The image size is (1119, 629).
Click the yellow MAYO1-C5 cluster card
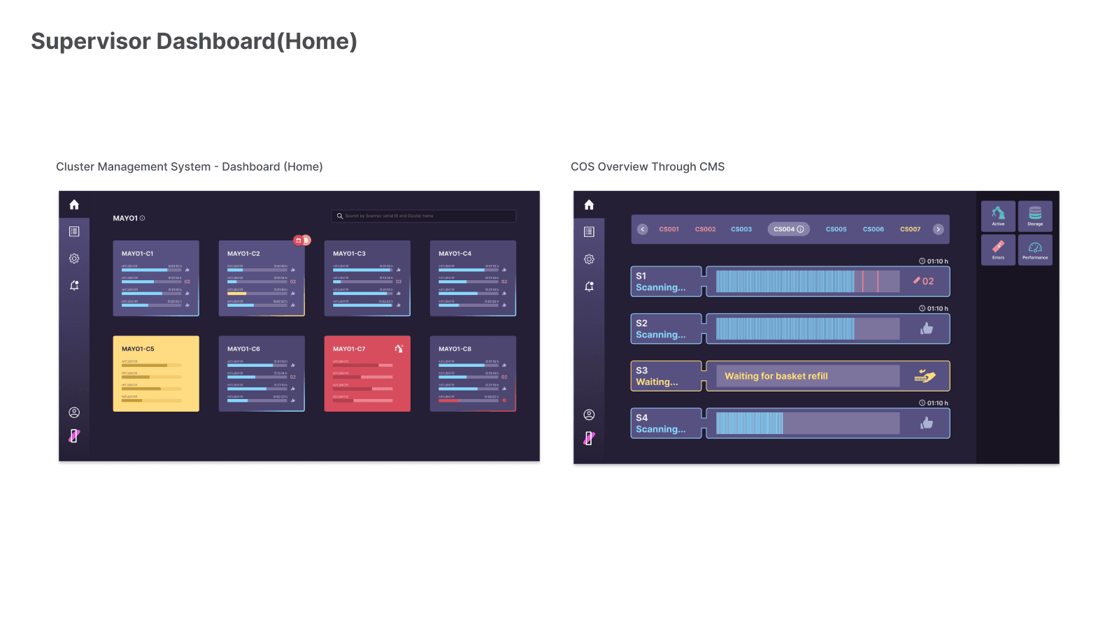tap(156, 374)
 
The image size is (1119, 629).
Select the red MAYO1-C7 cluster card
tap(367, 374)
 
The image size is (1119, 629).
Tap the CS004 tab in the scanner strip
tap(788, 229)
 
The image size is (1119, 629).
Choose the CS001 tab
tap(669, 229)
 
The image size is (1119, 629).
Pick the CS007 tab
tap(910, 229)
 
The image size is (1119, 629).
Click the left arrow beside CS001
tap(643, 229)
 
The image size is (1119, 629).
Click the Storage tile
tap(1035, 216)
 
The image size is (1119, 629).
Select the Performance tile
tap(1035, 250)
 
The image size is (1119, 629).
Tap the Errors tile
tap(998, 250)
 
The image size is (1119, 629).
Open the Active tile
tap(998, 216)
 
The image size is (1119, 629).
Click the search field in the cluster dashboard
tap(424, 216)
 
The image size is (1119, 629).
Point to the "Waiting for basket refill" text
tap(776, 376)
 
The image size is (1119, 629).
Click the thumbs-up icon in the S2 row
tap(927, 328)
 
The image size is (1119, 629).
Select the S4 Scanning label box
tap(665, 424)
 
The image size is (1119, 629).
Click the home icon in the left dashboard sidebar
tap(74, 205)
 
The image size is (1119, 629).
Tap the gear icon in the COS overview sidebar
tap(589, 259)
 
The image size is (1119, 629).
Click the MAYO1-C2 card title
tap(243, 254)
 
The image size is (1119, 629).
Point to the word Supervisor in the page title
tap(91, 41)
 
